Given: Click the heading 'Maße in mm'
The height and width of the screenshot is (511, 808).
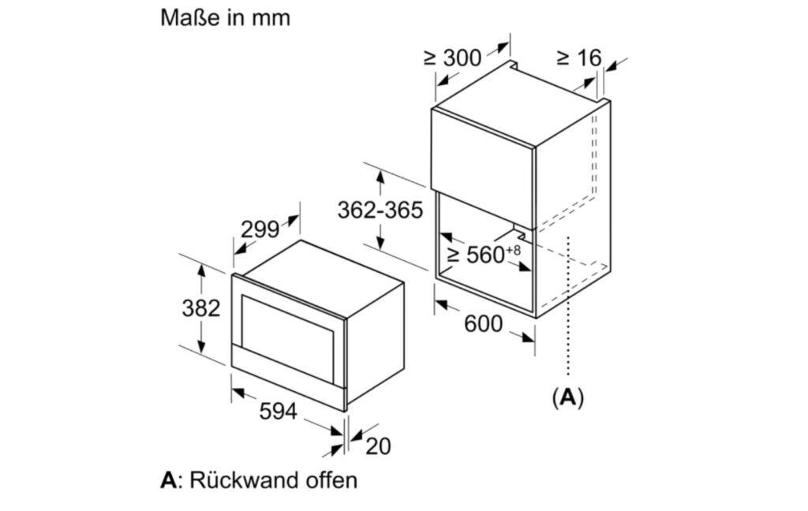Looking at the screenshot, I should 225,17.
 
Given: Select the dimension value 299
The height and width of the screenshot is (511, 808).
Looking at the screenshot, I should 260,229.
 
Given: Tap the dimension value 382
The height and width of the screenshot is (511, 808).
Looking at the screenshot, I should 201,308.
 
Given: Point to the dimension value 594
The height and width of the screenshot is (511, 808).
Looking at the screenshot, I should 278,411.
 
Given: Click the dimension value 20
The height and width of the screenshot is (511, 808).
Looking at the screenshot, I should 378,446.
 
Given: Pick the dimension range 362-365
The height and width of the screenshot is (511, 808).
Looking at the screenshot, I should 380,211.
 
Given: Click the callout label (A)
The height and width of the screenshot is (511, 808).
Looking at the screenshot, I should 567,397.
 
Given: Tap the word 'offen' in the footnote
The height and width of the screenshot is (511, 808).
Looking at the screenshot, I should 331,479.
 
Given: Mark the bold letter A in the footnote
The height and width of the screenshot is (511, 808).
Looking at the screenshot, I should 166,479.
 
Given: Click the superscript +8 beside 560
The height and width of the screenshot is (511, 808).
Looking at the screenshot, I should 513,250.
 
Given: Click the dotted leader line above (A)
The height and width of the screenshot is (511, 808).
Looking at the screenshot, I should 567,315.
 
